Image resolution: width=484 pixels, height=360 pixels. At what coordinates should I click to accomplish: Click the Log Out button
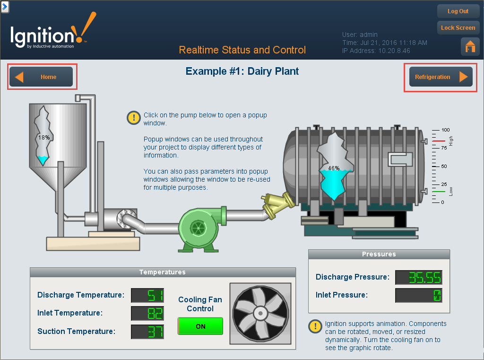point(458,11)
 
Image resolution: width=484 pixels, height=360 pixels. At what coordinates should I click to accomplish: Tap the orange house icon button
point(470,46)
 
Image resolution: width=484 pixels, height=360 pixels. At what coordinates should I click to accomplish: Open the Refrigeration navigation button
point(441,77)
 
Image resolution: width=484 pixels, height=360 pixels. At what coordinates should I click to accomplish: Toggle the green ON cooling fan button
point(200,326)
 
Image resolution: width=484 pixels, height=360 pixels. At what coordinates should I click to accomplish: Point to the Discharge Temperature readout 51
point(147,295)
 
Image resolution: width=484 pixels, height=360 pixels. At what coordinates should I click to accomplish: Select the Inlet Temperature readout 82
point(147,313)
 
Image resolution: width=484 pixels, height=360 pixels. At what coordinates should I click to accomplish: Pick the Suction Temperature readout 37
point(147,332)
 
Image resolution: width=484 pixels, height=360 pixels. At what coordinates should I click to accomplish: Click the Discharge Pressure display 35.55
point(418,277)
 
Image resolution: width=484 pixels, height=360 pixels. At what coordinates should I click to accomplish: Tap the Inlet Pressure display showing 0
point(418,295)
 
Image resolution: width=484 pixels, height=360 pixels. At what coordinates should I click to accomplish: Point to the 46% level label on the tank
point(334,168)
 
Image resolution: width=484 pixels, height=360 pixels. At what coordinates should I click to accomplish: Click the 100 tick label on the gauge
point(445,130)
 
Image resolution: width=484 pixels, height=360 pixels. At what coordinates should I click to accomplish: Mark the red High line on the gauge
point(439,141)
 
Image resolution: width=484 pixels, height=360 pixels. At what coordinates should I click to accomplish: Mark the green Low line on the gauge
point(439,192)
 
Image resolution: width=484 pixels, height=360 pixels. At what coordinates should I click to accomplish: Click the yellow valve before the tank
point(273,204)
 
